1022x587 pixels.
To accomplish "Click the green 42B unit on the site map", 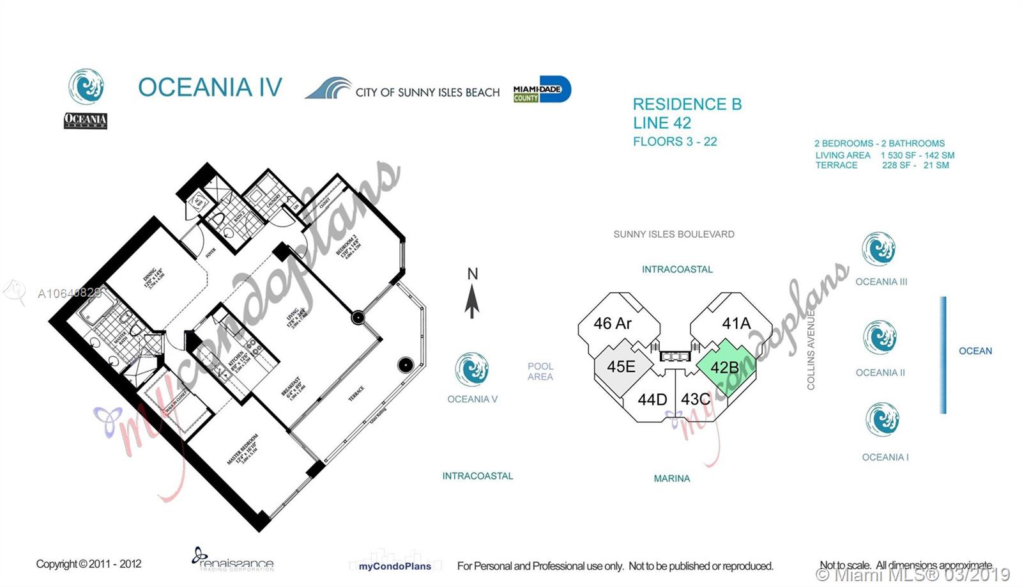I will pyautogui.click(x=726, y=367).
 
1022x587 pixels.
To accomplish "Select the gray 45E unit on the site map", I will pyautogui.click(x=621, y=366).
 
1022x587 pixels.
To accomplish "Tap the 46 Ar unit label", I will pyautogui.click(x=612, y=324).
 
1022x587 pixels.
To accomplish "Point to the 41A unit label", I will pyautogui.click(x=736, y=324).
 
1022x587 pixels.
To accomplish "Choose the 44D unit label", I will pyautogui.click(x=652, y=400).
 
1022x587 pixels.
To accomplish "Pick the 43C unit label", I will pyautogui.click(x=695, y=400).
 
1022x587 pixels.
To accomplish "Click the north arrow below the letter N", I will pyautogui.click(x=472, y=301).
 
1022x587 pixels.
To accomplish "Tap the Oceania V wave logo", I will pyautogui.click(x=472, y=370).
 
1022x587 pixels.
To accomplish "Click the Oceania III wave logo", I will pyautogui.click(x=879, y=249).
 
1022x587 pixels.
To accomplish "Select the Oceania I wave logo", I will pyautogui.click(x=882, y=419).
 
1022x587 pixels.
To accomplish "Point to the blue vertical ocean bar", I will pyautogui.click(x=943, y=355).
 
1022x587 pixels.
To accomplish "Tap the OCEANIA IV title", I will pyautogui.click(x=210, y=88).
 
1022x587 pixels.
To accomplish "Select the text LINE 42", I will pyautogui.click(x=662, y=123).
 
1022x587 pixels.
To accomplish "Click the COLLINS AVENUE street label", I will pyautogui.click(x=811, y=349).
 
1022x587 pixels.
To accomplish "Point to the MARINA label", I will pyautogui.click(x=672, y=478).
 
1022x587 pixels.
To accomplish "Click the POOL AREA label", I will pyautogui.click(x=540, y=372).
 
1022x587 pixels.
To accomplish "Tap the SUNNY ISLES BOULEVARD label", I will pyautogui.click(x=674, y=234).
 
